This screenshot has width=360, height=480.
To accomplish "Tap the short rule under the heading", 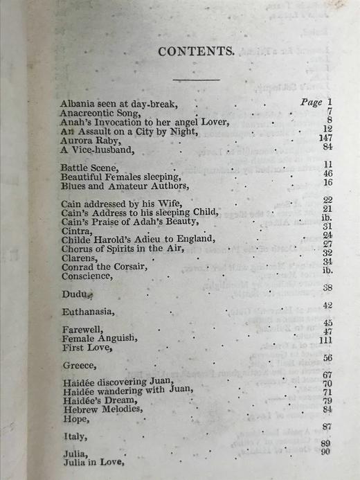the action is click(x=196, y=79).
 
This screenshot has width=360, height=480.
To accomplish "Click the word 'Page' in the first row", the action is click(x=312, y=103).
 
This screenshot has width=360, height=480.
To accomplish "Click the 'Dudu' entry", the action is click(x=75, y=294).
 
